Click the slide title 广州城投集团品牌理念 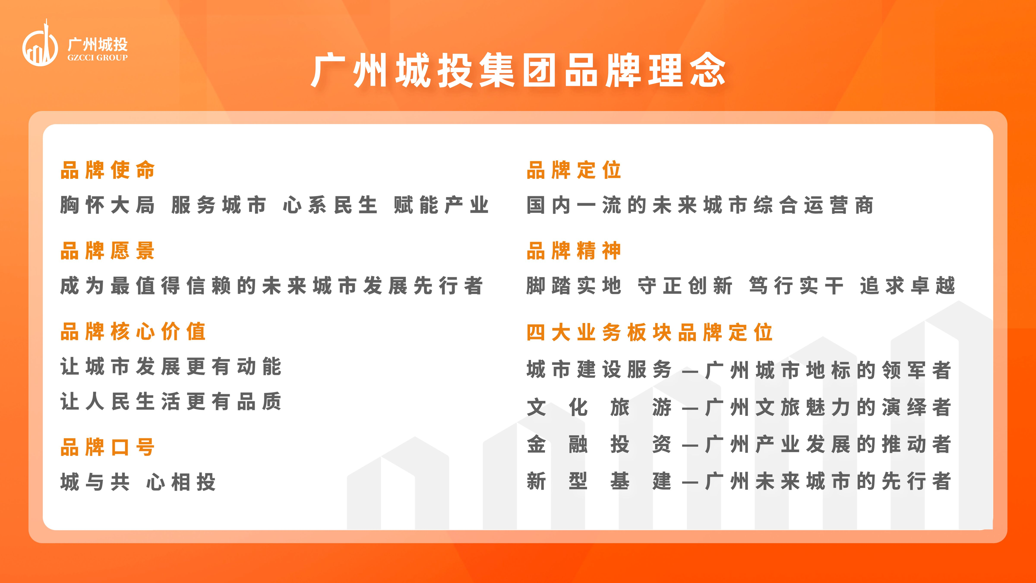point(518,71)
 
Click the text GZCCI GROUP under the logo point(97,57)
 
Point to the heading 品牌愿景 point(108,251)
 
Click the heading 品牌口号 point(108,447)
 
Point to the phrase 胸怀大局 point(108,205)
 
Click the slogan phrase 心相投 point(181,482)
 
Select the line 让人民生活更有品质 point(171,402)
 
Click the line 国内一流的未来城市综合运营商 point(700,205)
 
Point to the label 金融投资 point(599,444)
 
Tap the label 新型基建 point(599,481)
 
